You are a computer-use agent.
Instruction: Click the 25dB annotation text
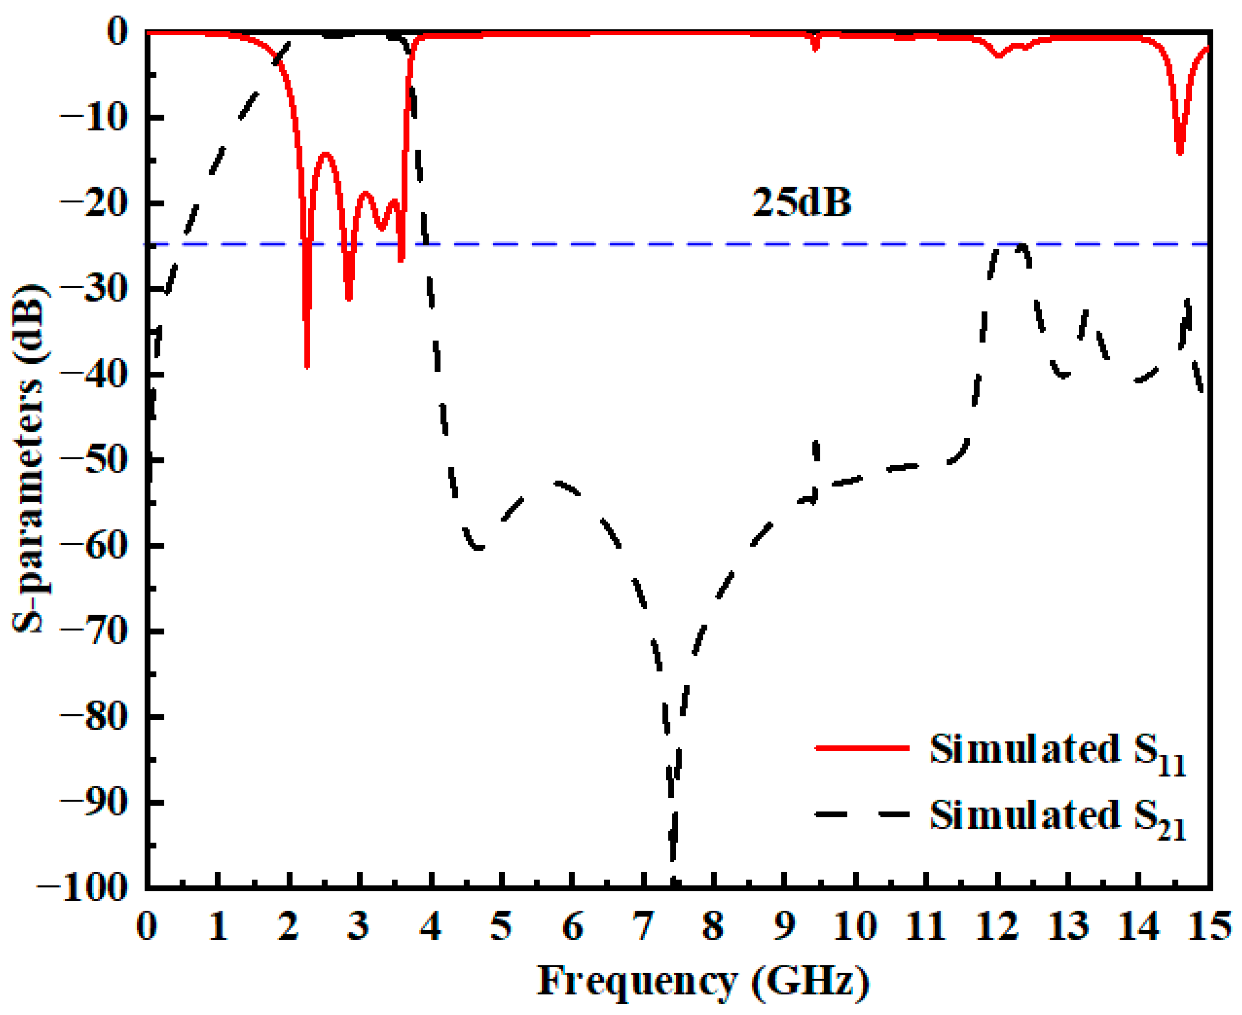pos(801,203)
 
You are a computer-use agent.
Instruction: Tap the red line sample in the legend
pos(862,748)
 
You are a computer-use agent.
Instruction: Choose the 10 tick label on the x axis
pos(855,926)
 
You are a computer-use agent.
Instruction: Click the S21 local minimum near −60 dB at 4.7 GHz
pos(479,548)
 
